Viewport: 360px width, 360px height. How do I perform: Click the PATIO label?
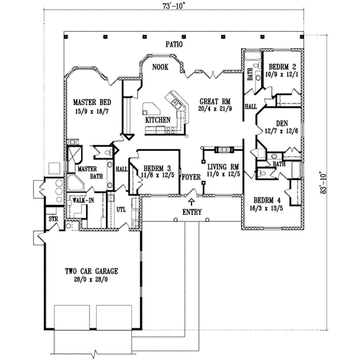click(175, 44)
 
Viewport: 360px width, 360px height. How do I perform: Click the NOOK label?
click(159, 67)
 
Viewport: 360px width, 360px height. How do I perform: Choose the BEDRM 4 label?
click(267, 200)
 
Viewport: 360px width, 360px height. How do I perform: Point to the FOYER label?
click(191, 178)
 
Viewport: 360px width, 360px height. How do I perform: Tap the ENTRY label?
click(192, 212)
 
